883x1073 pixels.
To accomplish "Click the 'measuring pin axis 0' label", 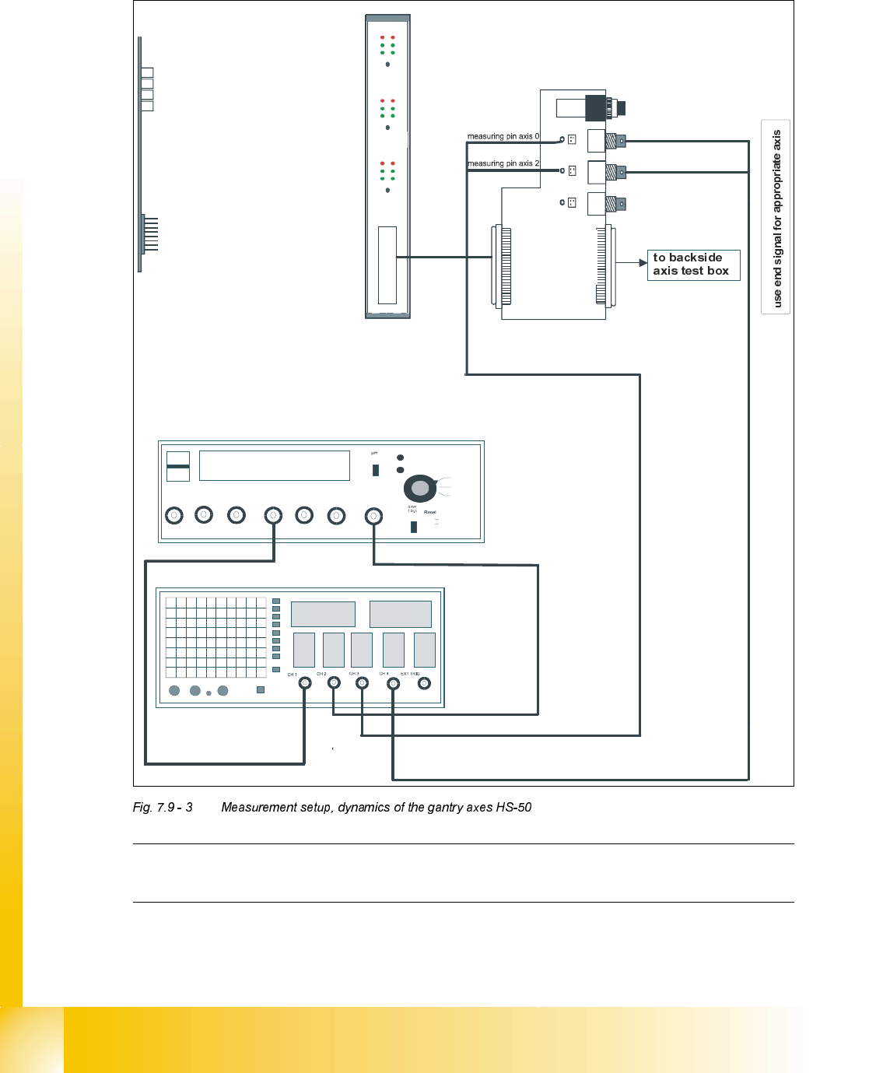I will [503, 136].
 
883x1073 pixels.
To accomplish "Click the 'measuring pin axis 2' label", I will [503, 163].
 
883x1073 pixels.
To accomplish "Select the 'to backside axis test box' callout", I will [692, 265].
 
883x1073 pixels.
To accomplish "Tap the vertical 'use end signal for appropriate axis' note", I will [776, 218].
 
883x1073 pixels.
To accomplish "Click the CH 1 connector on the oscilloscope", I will [305, 683].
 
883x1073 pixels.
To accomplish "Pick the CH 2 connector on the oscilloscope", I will [334, 683].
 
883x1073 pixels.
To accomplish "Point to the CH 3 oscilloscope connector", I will [362, 683].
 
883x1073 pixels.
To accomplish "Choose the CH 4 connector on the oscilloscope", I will [393, 683].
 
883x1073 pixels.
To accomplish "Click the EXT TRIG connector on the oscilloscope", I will [424, 683].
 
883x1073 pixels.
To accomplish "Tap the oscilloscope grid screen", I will [215, 637].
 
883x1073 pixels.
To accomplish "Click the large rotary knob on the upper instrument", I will [420, 488].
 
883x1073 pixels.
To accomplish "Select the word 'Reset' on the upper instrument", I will [430, 512].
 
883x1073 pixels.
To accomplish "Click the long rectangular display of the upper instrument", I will [274, 465].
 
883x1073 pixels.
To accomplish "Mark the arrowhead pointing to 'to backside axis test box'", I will [643, 263].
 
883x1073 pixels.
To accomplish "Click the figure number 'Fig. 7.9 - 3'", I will [163, 808].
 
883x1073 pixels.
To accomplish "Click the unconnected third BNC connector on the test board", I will [615, 204].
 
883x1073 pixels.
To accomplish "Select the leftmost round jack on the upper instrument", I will [174, 515].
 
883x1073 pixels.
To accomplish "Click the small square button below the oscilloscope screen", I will [261, 689].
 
